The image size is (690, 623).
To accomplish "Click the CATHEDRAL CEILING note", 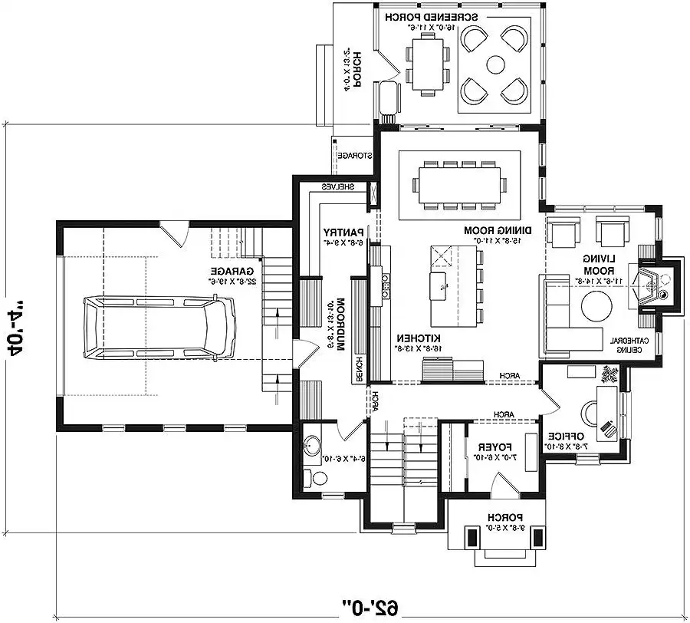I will pos(630,345).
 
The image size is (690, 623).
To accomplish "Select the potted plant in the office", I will pos(610,374).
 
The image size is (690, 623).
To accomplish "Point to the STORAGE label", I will pos(356,156).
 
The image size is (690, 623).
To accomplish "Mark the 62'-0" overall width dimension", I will pos(370,606).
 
